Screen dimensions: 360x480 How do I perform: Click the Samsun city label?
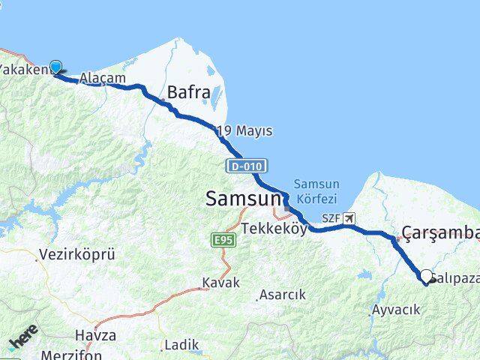[244, 199]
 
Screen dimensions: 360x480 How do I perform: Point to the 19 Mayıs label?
[244, 131]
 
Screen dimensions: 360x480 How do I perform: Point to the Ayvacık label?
[391, 309]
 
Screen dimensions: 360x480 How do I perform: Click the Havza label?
[95, 335]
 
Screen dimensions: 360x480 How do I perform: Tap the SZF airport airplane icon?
[349, 218]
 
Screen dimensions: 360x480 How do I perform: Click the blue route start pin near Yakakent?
[55, 67]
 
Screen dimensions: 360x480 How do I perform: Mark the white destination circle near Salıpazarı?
[427, 277]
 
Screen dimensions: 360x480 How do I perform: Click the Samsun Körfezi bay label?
[316, 192]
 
